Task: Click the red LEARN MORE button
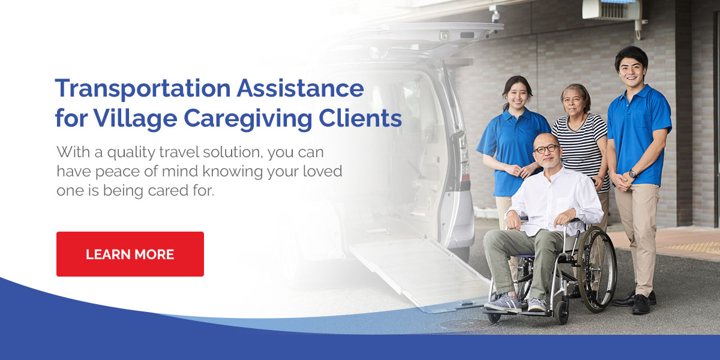(130, 254)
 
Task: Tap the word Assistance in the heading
(300, 88)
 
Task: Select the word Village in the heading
(136, 119)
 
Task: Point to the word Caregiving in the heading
(248, 119)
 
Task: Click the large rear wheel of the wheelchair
(597, 269)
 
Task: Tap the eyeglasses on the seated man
(547, 149)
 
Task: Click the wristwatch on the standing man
(632, 174)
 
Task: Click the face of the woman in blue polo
(517, 95)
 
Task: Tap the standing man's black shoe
(641, 305)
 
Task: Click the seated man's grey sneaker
(503, 303)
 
